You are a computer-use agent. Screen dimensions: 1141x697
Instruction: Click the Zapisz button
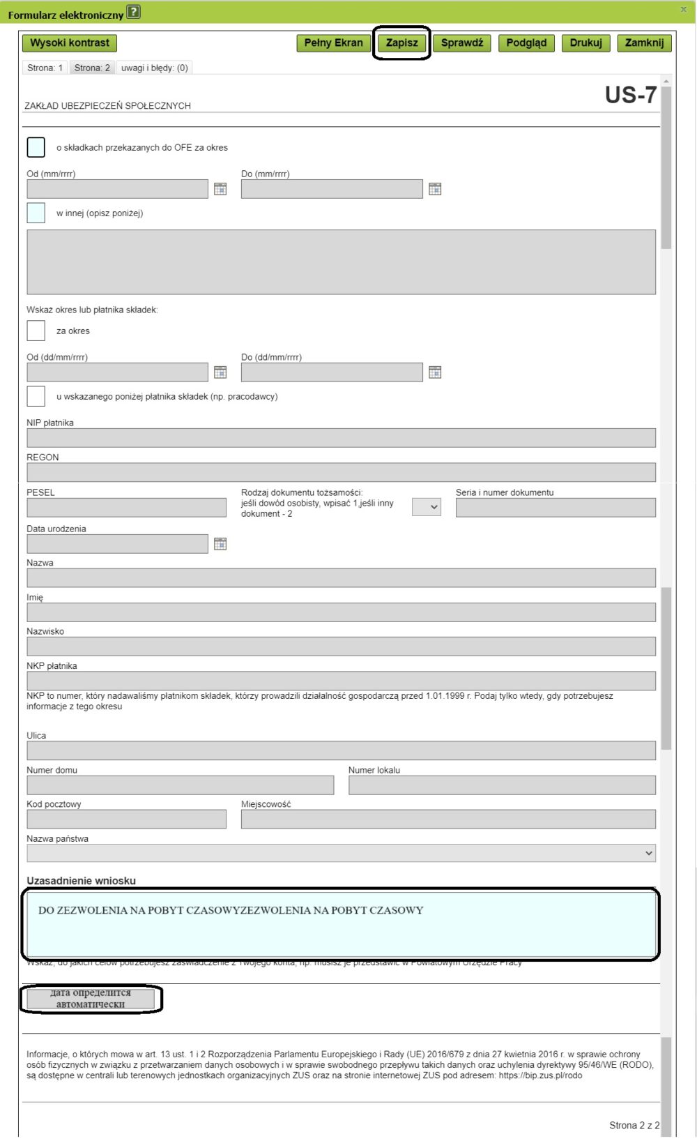pyautogui.click(x=402, y=43)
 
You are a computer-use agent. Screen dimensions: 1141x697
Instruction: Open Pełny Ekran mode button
pyautogui.click(x=333, y=43)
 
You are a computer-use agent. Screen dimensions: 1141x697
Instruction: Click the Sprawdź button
pyautogui.click(x=461, y=43)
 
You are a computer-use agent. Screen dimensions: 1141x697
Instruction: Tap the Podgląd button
pyautogui.click(x=526, y=43)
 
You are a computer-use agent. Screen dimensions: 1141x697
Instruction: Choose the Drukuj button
pyautogui.click(x=585, y=43)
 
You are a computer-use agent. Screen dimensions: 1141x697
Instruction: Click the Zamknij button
pyautogui.click(x=644, y=43)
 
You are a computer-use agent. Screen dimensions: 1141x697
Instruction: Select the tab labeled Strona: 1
pyautogui.click(x=45, y=68)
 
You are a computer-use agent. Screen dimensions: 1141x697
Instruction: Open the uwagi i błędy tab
pyautogui.click(x=154, y=68)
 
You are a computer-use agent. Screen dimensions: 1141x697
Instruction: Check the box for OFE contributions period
pyautogui.click(x=36, y=147)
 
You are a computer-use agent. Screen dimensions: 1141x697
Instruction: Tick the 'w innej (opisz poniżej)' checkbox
pyautogui.click(x=36, y=213)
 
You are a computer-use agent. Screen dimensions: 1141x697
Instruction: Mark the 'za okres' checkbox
pyautogui.click(x=36, y=331)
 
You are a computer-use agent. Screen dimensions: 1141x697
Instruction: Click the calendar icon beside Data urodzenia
pyautogui.click(x=220, y=544)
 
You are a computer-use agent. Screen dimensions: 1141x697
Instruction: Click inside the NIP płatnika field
pyautogui.click(x=341, y=438)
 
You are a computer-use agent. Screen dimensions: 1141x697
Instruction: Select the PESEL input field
pyautogui.click(x=126, y=508)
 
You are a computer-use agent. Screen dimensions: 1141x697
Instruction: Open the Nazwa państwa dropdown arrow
pyautogui.click(x=649, y=853)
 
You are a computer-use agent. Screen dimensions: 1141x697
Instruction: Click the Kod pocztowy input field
pyautogui.click(x=126, y=819)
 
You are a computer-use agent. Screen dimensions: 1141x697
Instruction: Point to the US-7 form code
pyautogui.click(x=630, y=95)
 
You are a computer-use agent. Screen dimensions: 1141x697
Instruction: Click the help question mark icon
pyautogui.click(x=134, y=12)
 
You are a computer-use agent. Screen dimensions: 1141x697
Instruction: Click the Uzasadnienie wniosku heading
pyautogui.click(x=81, y=881)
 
